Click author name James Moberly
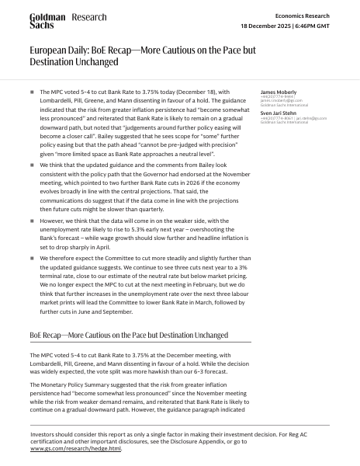277,92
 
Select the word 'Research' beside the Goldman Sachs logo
89,17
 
